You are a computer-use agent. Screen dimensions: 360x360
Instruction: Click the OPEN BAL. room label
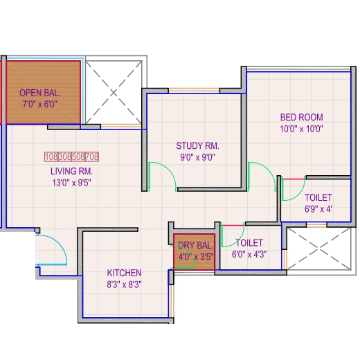click(40, 93)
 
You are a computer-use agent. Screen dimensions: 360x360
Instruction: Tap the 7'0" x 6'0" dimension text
click(40, 105)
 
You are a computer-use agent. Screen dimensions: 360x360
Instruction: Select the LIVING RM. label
click(71, 171)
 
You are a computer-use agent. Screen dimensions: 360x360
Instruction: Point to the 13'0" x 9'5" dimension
click(71, 183)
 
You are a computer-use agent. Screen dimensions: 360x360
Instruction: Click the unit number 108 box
click(51, 156)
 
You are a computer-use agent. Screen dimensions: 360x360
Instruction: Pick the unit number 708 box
click(92, 156)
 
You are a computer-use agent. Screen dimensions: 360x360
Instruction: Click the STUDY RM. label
click(198, 146)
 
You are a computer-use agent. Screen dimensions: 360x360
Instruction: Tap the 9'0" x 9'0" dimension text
click(197, 157)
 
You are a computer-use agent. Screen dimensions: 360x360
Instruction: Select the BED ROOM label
click(302, 117)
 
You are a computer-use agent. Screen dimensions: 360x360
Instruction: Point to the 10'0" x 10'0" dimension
click(302, 129)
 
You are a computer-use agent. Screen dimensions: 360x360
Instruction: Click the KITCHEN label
click(124, 273)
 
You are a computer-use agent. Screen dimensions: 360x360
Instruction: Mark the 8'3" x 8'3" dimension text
click(124, 285)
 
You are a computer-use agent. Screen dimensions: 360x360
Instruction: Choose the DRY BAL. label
click(195, 245)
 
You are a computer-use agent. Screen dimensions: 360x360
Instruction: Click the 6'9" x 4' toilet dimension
click(318, 209)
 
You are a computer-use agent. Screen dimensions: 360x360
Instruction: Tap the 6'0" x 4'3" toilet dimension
click(249, 255)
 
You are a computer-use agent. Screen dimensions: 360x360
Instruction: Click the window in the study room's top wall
click(194, 90)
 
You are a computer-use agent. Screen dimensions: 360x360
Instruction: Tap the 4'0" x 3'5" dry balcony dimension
click(195, 257)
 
